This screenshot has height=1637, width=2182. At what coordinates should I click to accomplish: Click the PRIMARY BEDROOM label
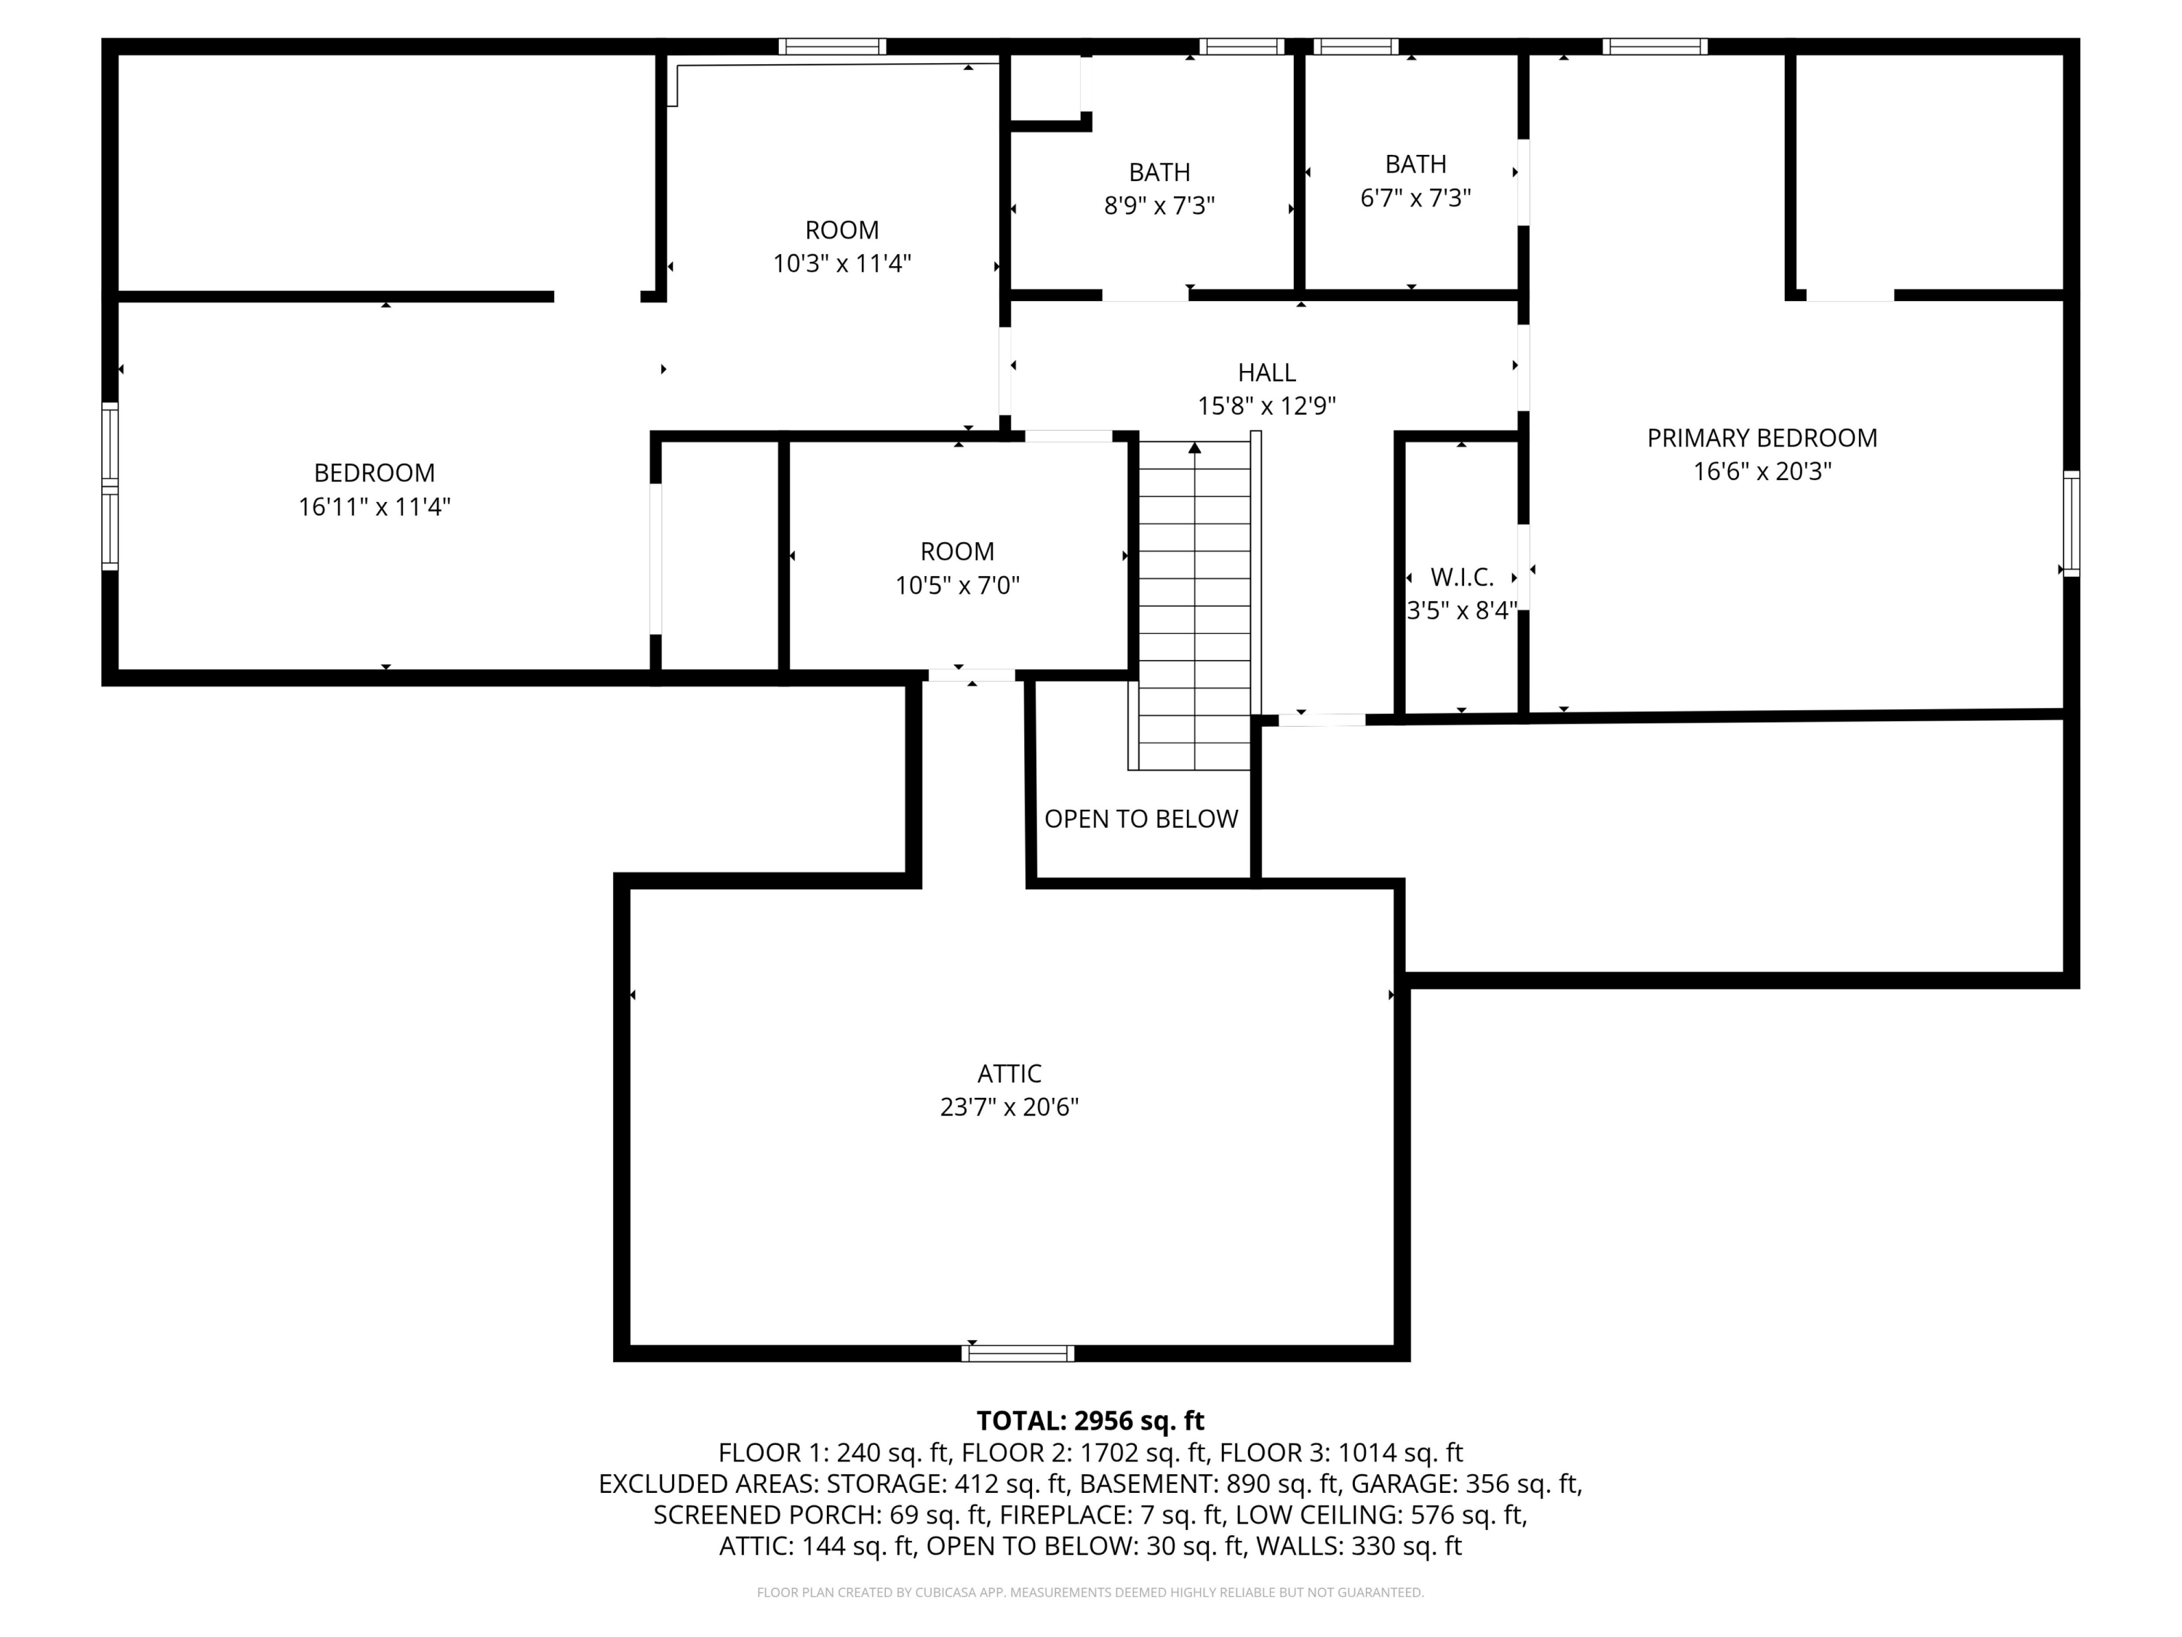[x=1762, y=438]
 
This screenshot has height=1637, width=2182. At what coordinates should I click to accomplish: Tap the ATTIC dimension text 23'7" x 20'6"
[x=1009, y=1107]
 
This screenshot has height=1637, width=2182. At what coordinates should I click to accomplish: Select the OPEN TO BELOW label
[x=1140, y=819]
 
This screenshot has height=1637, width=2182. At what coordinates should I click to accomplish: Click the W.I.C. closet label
[x=1461, y=577]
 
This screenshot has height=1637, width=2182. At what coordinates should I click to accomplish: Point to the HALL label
[x=1266, y=373]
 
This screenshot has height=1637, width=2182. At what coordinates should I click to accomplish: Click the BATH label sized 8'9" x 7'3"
[x=1159, y=172]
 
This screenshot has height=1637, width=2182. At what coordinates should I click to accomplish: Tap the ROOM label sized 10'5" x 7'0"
[x=957, y=551]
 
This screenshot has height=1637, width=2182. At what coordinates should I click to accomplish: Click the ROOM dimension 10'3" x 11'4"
[x=842, y=263]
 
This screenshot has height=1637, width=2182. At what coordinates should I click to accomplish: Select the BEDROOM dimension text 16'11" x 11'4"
[x=374, y=507]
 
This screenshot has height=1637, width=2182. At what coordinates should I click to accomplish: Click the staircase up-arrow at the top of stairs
[x=1194, y=449]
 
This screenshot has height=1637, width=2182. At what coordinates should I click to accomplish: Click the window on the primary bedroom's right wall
[x=2071, y=524]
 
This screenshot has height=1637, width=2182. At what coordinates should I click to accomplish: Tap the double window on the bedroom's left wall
[x=111, y=487]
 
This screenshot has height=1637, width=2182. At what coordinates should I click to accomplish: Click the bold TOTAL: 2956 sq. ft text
[x=1090, y=1421]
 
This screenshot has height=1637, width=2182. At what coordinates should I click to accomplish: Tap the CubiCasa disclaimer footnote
[x=1090, y=1592]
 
